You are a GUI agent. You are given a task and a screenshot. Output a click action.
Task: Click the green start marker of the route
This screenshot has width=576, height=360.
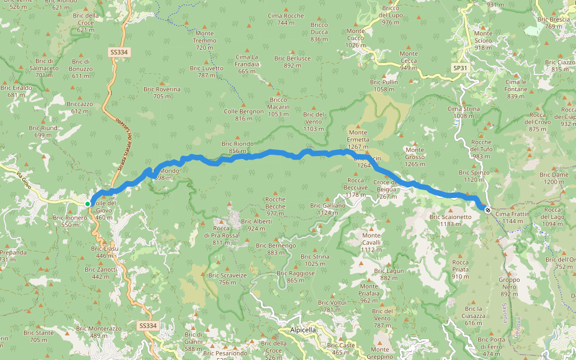tap(88, 204)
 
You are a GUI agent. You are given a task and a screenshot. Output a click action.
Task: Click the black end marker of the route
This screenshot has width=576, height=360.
tap(487, 210)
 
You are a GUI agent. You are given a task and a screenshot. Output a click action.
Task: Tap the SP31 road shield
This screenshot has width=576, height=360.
tap(460, 68)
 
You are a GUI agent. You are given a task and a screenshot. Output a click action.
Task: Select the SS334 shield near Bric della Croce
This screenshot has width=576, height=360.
tap(119, 52)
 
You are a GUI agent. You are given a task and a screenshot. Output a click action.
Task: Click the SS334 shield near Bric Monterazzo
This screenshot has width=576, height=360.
tap(147, 326)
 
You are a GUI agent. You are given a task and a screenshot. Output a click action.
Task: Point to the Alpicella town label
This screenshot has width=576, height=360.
tap(302, 330)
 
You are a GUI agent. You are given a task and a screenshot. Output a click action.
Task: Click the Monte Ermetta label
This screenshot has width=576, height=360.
tap(358, 136)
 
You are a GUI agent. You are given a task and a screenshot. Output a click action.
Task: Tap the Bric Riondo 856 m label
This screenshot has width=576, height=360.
tap(238, 147)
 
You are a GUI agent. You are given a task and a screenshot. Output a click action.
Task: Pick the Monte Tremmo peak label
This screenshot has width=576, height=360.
tap(205, 40)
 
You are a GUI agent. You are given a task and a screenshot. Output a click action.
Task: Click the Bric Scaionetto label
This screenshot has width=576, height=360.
tap(450, 220)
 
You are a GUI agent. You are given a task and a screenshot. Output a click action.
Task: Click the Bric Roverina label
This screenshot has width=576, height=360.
tap(162, 92)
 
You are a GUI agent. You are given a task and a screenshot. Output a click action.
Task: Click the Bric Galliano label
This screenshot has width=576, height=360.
tap(328, 209)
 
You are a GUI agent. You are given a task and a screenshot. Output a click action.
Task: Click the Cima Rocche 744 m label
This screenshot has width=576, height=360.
tap(286, 19)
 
